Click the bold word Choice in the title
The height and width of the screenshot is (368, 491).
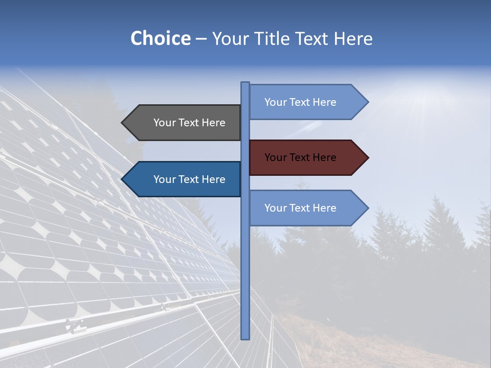(160, 38)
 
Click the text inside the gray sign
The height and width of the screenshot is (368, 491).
(189, 123)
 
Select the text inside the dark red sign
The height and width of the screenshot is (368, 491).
(300, 157)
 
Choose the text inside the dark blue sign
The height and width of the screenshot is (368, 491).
(189, 179)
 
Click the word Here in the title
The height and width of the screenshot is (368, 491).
(353, 38)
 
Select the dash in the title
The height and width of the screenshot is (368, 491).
(201, 39)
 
